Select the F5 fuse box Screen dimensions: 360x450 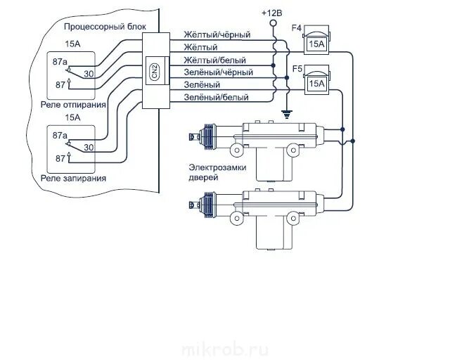pyautogui.click(x=316, y=82)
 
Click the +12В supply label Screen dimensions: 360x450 pyautogui.click(x=272, y=13)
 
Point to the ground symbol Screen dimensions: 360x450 pyautogui.click(x=287, y=112)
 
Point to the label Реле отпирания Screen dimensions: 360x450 pyautogui.click(x=74, y=104)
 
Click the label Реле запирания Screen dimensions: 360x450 pyautogui.click(x=74, y=178)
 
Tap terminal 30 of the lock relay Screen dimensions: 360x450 pyautogui.click(x=89, y=147)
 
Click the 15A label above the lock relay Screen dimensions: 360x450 pyautogui.click(x=72, y=117)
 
